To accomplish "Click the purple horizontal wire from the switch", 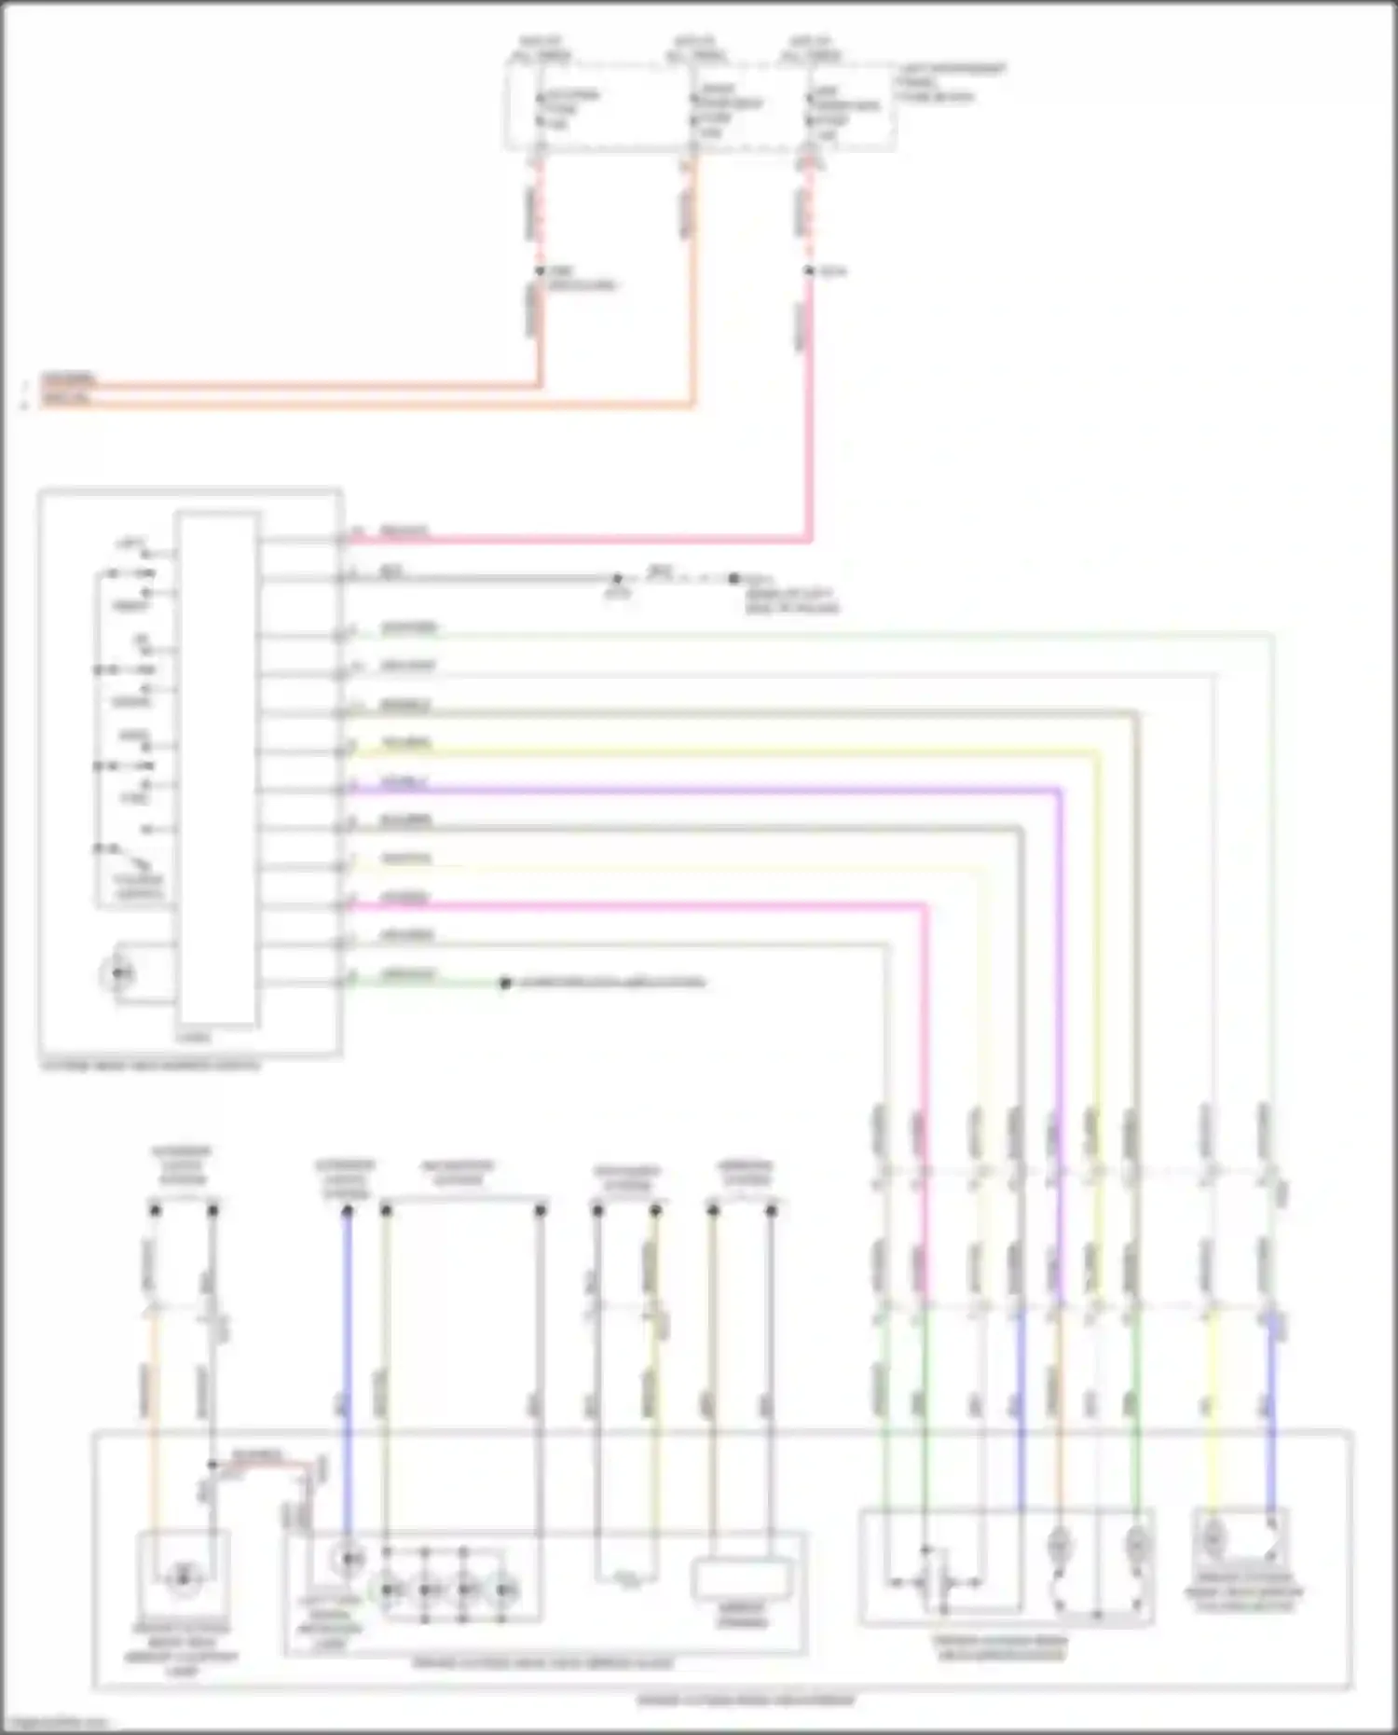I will [x=699, y=792].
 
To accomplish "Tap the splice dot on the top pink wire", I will [x=810, y=271].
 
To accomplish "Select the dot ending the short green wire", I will [x=505, y=983].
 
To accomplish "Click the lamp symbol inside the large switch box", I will [x=118, y=974].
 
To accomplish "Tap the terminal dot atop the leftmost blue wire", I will [x=348, y=1210].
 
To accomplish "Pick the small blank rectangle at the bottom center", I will [x=742, y=1579].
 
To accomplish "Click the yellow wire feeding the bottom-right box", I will [x=1212, y=1398].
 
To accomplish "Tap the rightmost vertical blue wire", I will [x=1271, y=1398].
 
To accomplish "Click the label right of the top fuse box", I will [x=951, y=82].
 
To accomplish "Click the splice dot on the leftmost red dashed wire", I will [x=540, y=271].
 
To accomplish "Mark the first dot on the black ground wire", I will [x=617, y=579].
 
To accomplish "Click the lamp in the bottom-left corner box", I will [x=184, y=1577].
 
